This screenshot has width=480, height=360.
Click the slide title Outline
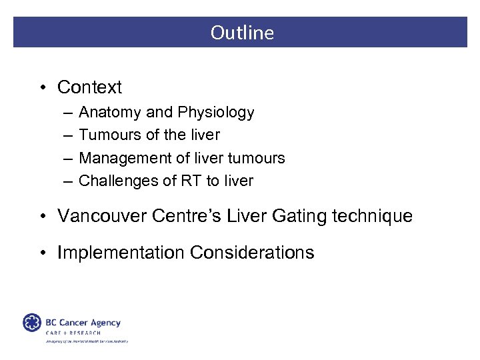pos(242,33)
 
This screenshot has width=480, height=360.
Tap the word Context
pos(89,87)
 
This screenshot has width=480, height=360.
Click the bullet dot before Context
pos(43,88)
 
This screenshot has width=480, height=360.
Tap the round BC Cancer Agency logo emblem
pos(32,323)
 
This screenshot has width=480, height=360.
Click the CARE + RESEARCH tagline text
pos(73,332)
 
